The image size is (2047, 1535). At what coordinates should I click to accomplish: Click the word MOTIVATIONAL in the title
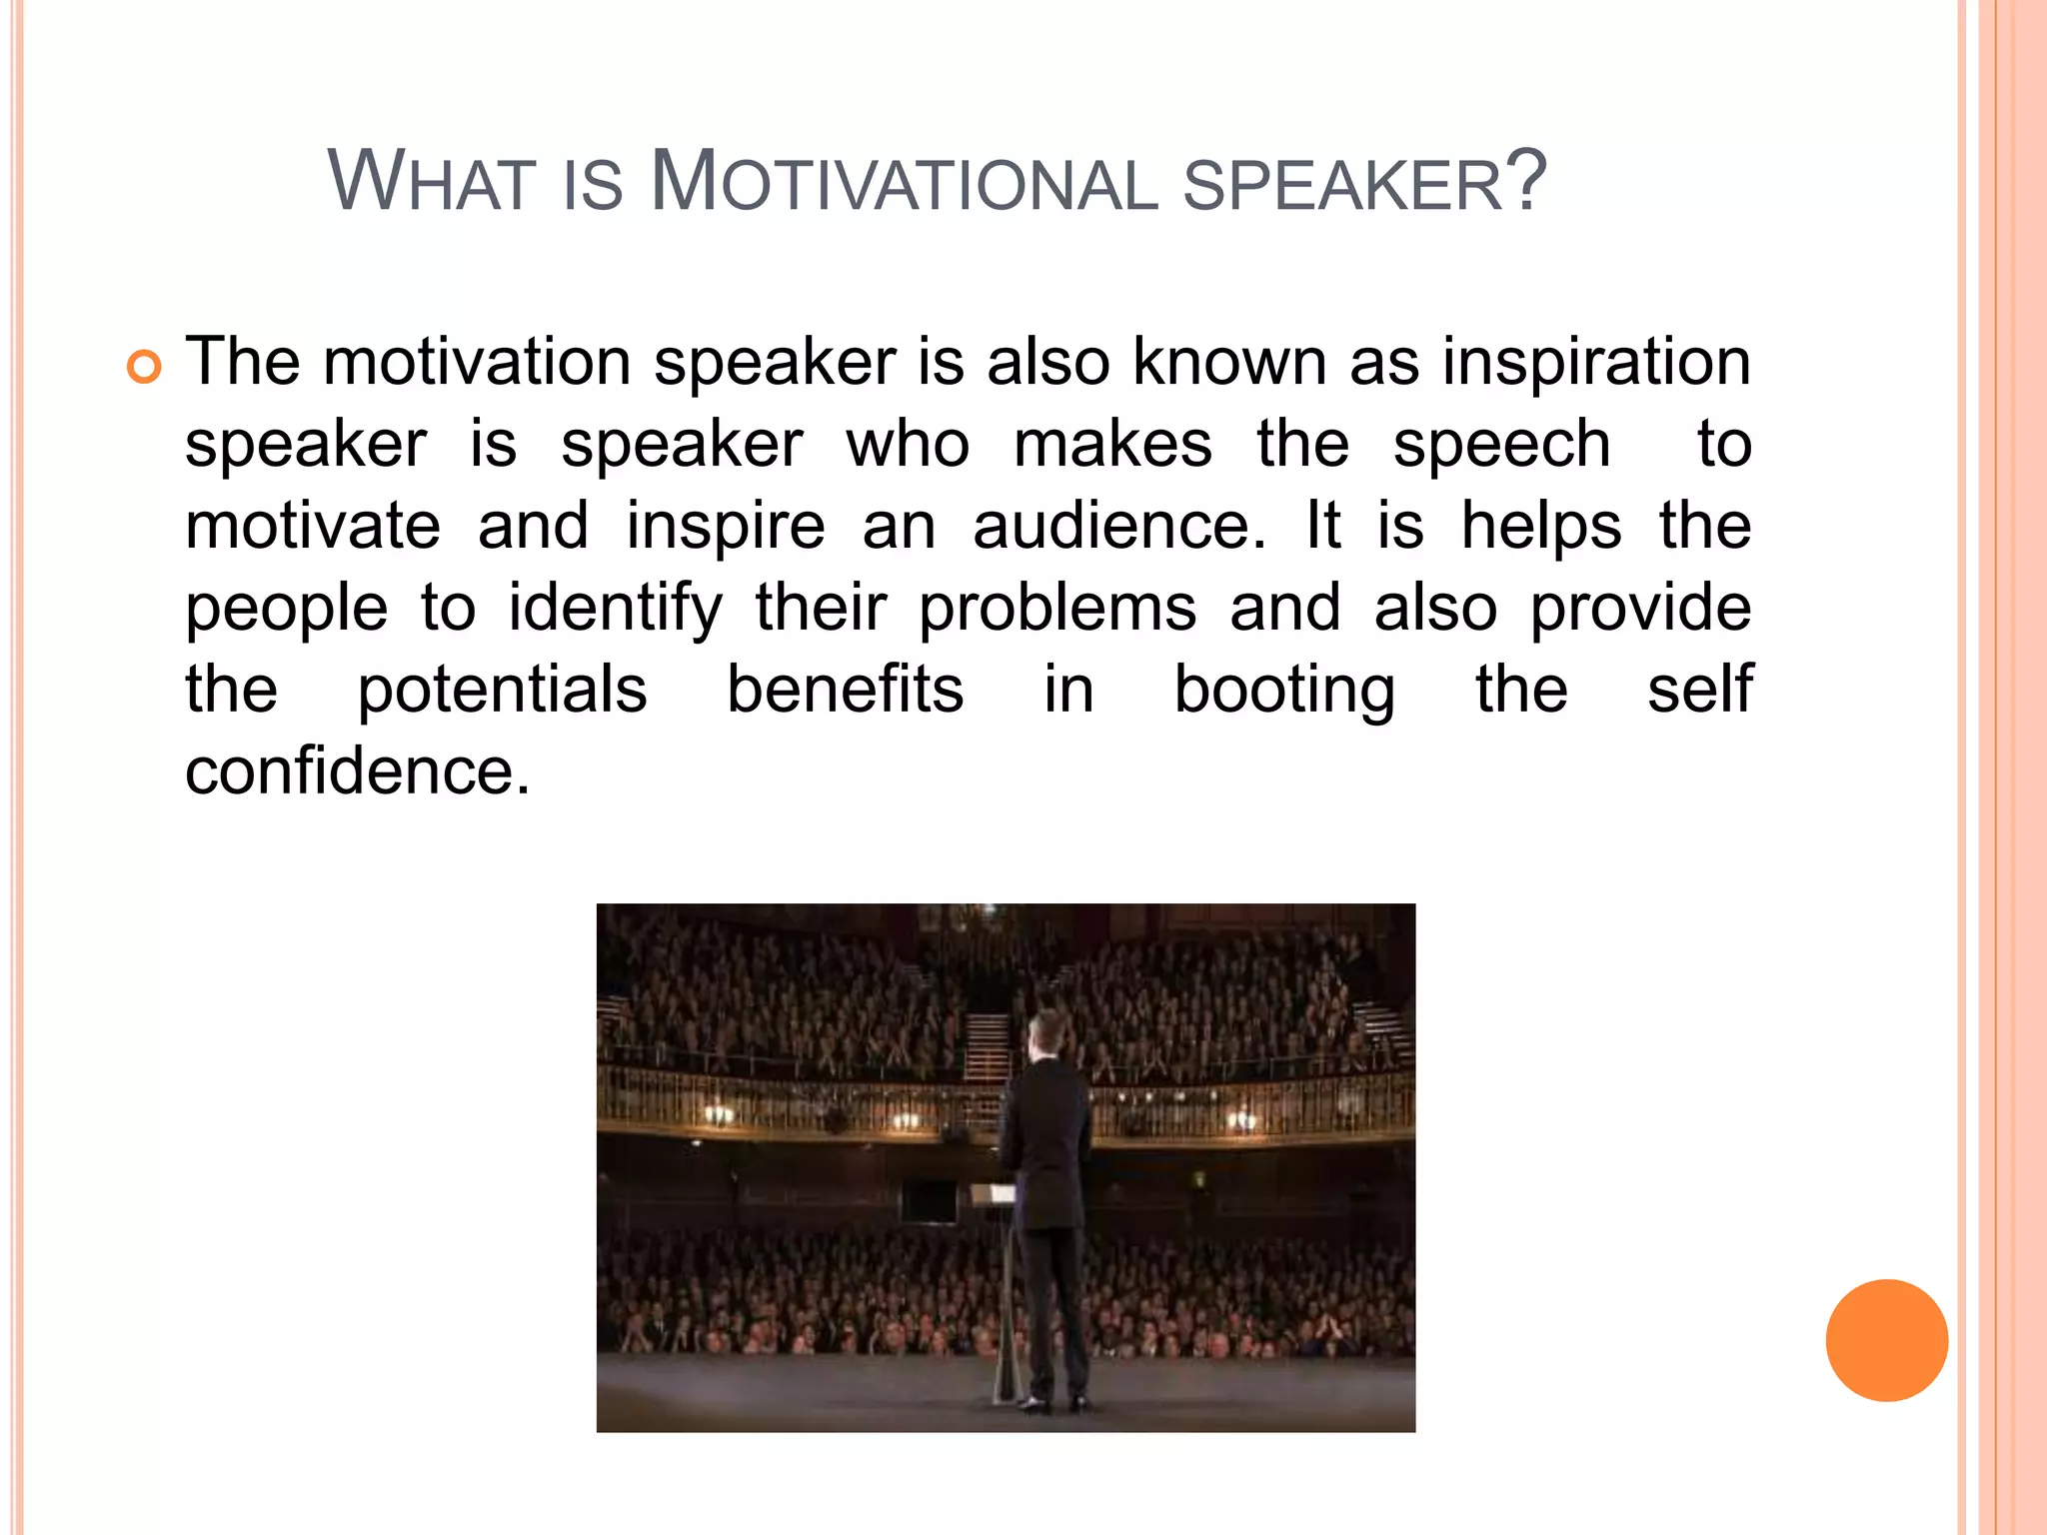(905, 182)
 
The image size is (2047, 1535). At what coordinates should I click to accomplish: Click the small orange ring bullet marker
(144, 368)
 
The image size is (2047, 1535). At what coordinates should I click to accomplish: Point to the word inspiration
(1596, 361)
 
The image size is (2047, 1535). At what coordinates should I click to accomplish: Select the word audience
(1118, 526)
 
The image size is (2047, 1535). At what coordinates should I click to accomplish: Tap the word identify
(615, 608)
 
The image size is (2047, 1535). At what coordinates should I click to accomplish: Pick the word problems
(1057, 608)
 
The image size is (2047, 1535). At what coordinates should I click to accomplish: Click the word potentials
(502, 690)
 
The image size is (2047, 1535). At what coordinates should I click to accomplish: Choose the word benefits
(845, 690)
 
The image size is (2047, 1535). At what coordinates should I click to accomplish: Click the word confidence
(357, 771)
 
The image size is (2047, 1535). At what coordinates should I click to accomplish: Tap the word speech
(1501, 444)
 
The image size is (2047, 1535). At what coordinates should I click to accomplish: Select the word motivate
(313, 526)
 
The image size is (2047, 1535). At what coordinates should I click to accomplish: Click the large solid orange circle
(1886, 1340)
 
